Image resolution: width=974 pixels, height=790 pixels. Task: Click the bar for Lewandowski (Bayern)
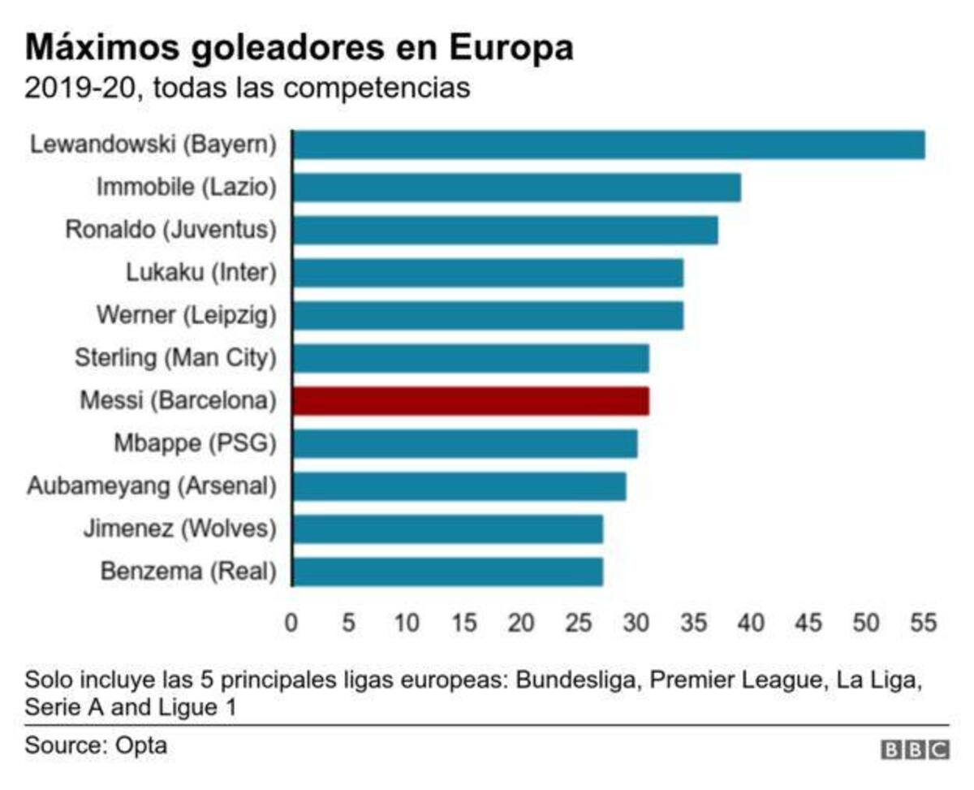(608, 145)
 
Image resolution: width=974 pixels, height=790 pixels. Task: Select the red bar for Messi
(470, 401)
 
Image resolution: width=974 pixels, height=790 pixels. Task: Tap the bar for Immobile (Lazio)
(516, 188)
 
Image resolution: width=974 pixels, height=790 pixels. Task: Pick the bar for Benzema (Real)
(447, 572)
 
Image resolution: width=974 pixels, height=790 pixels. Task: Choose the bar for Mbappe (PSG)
(464, 444)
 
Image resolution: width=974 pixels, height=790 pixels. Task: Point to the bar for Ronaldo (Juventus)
(505, 230)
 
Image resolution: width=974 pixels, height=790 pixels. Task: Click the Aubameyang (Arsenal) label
(151, 486)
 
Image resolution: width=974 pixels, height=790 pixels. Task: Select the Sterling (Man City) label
(175, 358)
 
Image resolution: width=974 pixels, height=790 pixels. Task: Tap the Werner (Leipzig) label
(186, 315)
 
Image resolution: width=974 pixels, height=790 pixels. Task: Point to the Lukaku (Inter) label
(200, 273)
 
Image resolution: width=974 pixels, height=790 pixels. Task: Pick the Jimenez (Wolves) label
(179, 529)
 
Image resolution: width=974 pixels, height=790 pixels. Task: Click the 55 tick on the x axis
(923, 623)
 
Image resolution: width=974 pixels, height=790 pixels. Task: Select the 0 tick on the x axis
(291, 623)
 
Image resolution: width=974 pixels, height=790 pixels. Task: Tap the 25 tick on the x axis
(579, 623)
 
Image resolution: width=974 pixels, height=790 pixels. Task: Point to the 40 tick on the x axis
(751, 623)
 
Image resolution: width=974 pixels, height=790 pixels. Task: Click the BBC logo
(915, 749)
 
